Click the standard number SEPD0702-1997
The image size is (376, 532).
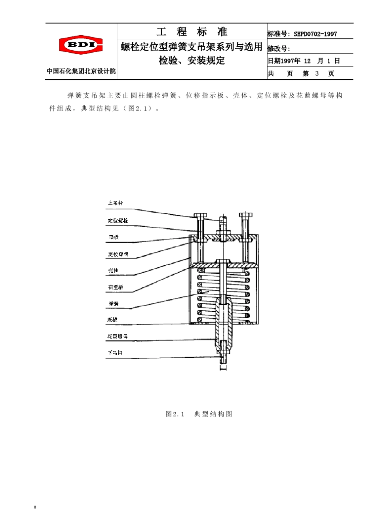[x=315, y=34]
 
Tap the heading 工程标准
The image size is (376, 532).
[x=192, y=32]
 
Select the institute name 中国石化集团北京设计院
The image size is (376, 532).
[x=81, y=71]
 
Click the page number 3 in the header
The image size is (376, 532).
[x=317, y=74]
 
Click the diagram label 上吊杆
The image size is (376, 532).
[x=115, y=203]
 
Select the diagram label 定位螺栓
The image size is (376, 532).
[x=118, y=220]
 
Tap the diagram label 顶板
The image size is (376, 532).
[x=114, y=237]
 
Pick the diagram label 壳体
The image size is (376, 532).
[x=113, y=270]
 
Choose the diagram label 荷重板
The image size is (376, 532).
[x=116, y=287]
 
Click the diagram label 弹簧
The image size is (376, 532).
[x=114, y=304]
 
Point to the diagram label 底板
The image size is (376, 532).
[x=112, y=319]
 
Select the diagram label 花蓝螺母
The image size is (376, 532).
[x=118, y=336]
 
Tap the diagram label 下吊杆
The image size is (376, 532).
[x=115, y=353]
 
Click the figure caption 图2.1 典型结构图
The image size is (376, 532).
[x=199, y=414]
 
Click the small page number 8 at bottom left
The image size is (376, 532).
[x=35, y=507]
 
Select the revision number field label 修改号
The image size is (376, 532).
[x=279, y=49]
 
